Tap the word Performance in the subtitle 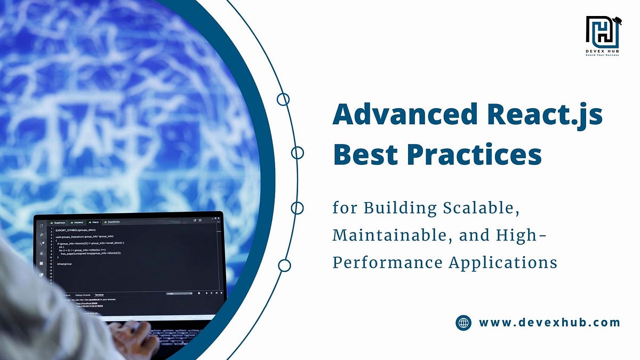(x=387, y=262)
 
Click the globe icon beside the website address (x=463, y=323)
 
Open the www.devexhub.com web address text (x=549, y=323)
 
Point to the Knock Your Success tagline (x=602, y=55)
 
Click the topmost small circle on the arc (x=283, y=99)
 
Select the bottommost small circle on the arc (x=284, y=265)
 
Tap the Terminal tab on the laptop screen (x=99, y=294)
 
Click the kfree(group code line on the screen (x=64, y=263)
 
